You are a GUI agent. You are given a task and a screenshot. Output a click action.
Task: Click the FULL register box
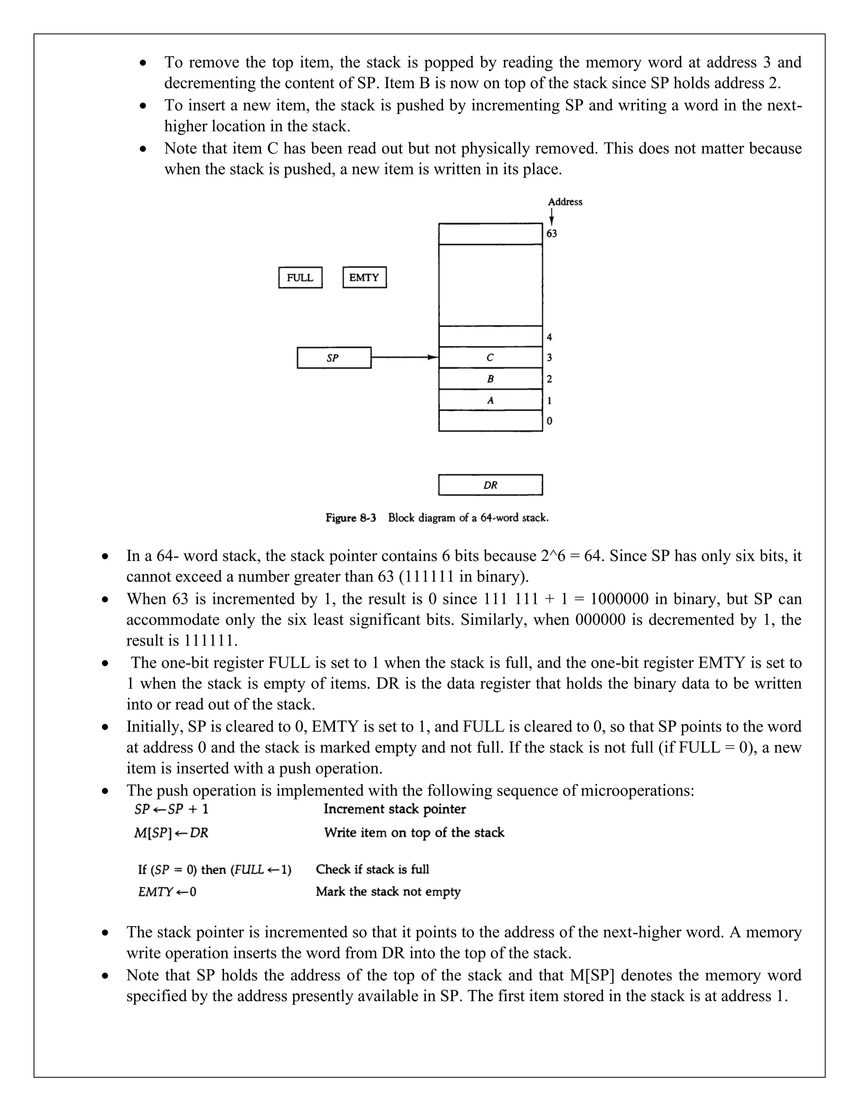300,278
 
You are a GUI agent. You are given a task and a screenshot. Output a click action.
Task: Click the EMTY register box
364,278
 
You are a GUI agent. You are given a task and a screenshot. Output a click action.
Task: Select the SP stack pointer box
334,358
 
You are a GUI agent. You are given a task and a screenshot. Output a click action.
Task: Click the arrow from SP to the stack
405,358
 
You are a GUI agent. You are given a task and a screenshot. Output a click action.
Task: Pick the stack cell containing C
490,358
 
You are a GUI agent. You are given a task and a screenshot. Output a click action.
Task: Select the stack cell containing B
490,379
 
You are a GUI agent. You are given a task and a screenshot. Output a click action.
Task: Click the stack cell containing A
490,400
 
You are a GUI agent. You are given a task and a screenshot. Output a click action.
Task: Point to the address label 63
552,234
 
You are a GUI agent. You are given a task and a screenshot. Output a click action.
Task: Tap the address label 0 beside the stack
549,421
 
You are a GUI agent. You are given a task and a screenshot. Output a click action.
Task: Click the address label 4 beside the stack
549,337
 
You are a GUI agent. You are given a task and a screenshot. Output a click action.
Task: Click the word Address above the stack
565,202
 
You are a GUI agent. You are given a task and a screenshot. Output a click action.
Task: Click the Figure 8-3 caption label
351,518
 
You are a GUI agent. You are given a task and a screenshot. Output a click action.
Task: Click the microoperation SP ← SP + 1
172,809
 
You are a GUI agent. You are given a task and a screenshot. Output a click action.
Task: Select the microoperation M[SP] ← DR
171,833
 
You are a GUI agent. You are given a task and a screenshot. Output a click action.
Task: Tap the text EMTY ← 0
167,892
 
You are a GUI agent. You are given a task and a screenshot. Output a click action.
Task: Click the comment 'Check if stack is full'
372,870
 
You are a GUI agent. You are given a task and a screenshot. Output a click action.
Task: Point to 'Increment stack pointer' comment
394,809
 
